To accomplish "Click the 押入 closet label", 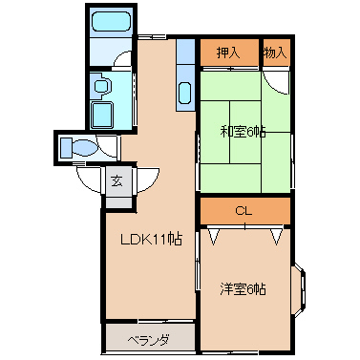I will click(x=227, y=53).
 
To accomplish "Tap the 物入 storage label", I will click(x=275, y=53).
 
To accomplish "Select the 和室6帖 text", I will click(x=244, y=131).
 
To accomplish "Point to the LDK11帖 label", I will click(x=151, y=240).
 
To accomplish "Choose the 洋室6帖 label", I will click(x=244, y=288).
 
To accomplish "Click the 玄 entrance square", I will click(x=116, y=179).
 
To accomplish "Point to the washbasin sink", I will click(x=102, y=86).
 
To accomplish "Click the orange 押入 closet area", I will click(x=228, y=54).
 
